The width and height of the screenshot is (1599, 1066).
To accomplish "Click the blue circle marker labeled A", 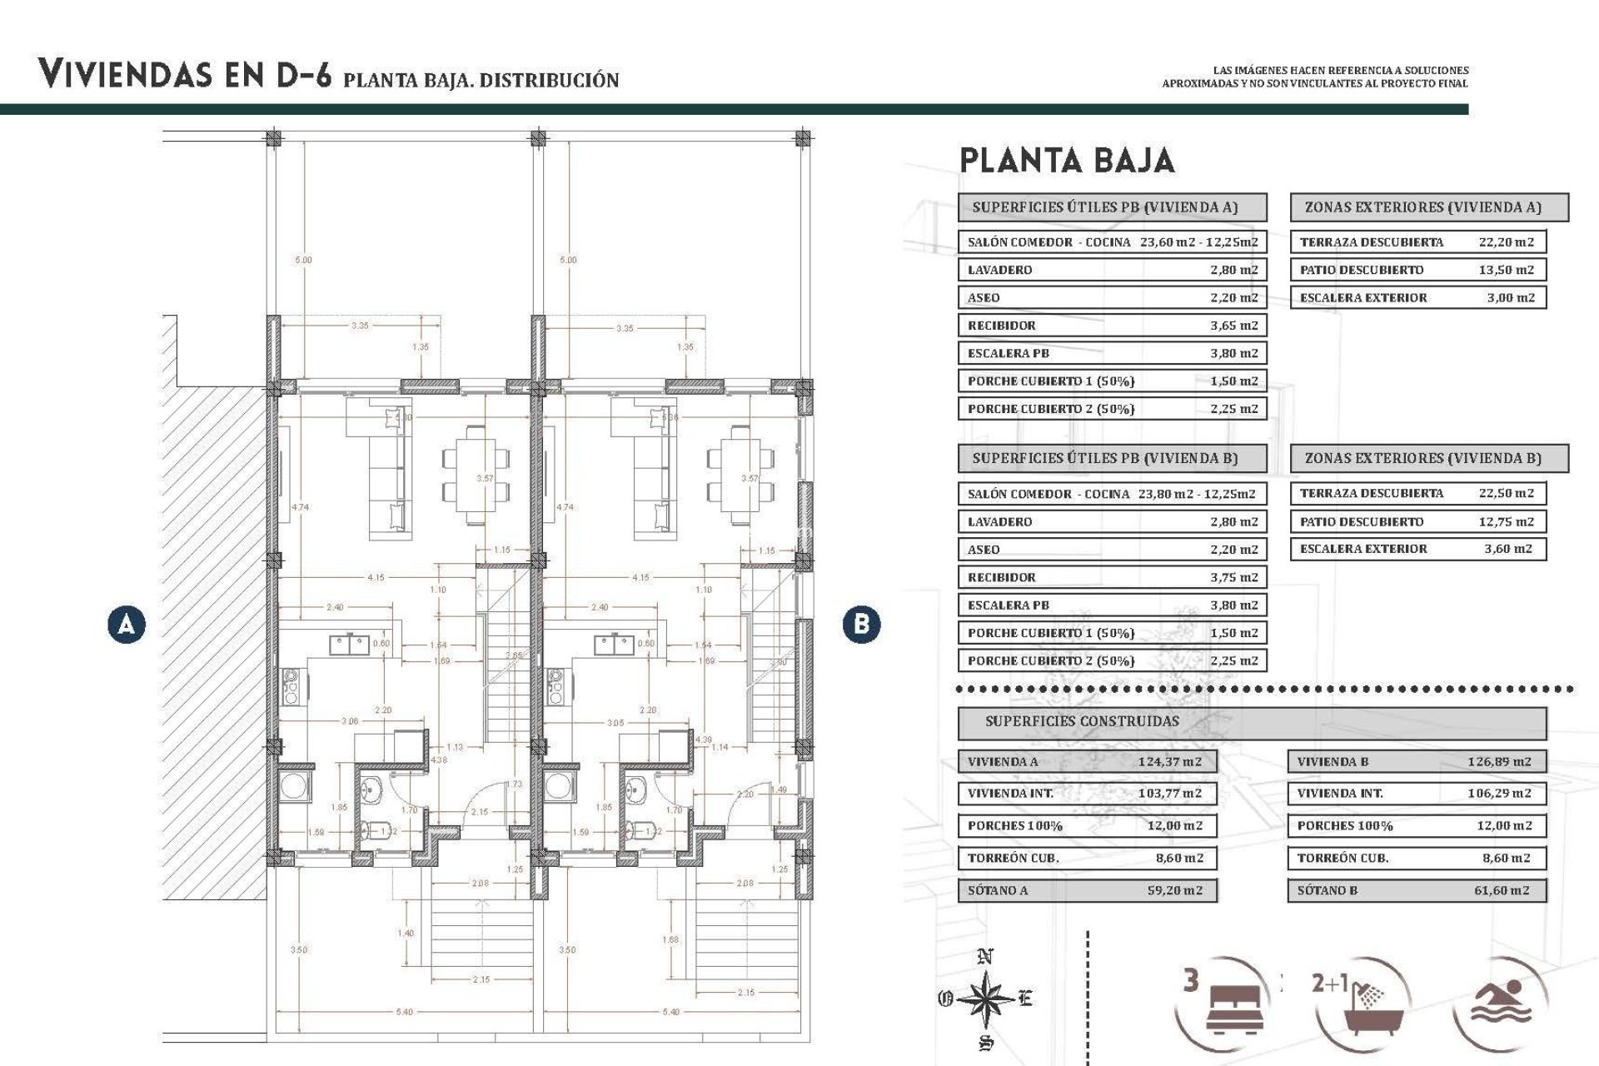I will tap(126, 624).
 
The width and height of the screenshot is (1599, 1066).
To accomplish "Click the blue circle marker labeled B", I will tap(861, 624).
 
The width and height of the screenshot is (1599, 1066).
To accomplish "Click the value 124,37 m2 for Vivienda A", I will tap(1169, 761).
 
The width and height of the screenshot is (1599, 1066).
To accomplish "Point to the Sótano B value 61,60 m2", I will tap(1501, 890).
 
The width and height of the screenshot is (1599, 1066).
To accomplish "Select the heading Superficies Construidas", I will tap(1082, 721).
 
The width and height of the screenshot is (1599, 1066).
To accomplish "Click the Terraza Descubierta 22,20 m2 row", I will tap(1417, 242).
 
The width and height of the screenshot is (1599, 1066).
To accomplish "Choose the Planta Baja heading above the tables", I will tap(1067, 161).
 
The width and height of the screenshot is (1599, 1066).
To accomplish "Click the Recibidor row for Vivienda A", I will tap(1112, 326).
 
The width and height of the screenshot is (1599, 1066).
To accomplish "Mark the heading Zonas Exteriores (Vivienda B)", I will tap(1422, 458).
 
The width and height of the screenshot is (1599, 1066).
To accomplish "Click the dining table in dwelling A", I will tap(476, 474).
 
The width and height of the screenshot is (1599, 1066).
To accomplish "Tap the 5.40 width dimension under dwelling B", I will tap(670, 1012).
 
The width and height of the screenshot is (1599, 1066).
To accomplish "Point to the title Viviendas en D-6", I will tap(185, 75).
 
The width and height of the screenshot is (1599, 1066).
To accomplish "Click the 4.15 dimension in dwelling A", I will tap(376, 577).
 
